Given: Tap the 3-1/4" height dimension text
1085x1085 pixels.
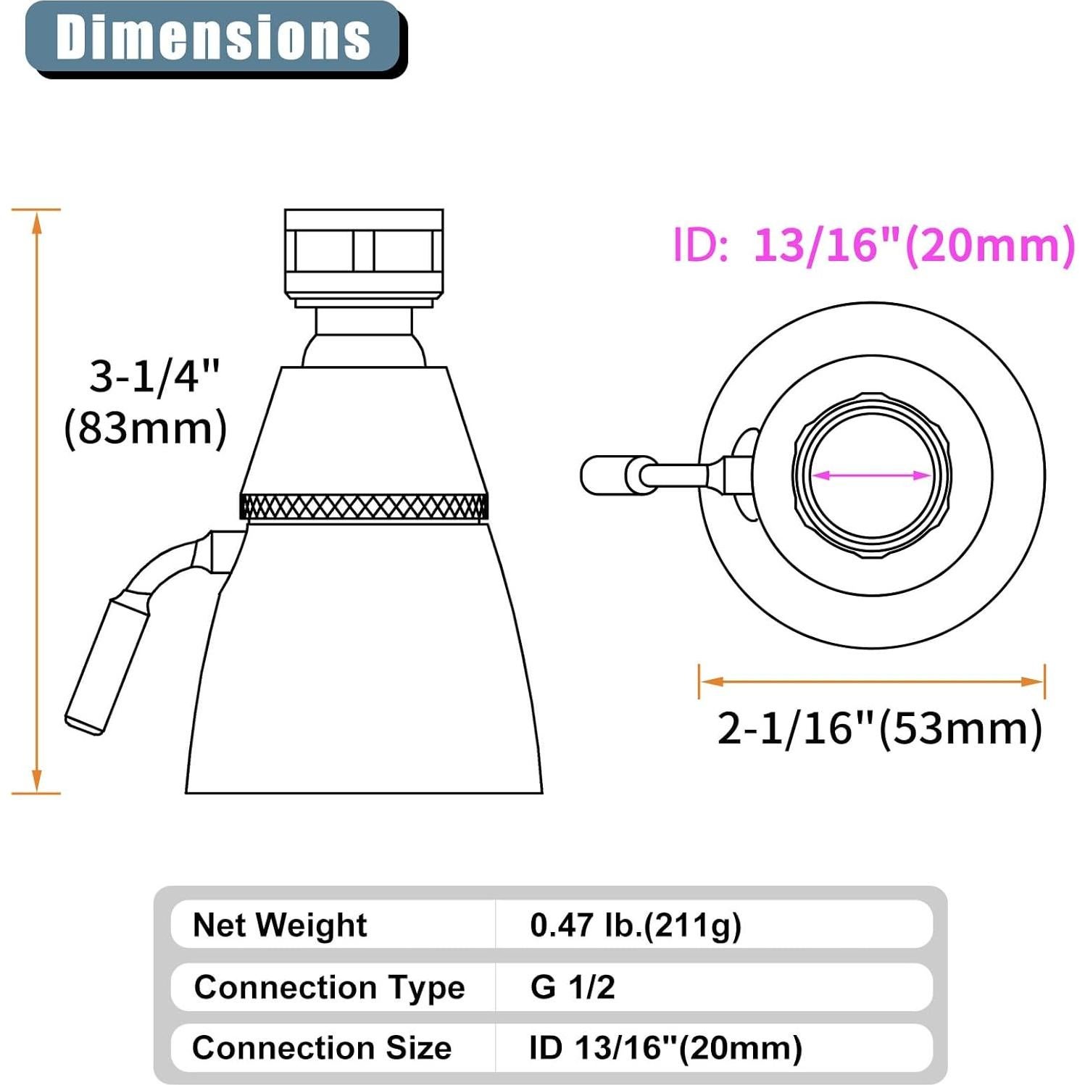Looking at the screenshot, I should coord(154,376).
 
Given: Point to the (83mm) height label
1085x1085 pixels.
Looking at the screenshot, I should coord(146,428).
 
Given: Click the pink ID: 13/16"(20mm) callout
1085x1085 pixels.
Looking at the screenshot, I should coord(873,245).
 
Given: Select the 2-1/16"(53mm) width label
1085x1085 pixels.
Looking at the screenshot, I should coord(879,728).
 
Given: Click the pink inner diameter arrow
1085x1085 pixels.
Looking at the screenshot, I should coord(871,475).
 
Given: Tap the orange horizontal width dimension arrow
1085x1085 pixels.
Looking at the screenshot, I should coord(871,681).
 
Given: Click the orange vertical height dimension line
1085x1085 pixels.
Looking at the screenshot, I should coord(37,500).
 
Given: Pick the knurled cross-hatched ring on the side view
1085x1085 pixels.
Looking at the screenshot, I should coord(363,506).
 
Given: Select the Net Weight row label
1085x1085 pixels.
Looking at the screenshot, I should coord(280,925).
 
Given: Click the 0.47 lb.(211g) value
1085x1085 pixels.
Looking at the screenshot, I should coord(636,925).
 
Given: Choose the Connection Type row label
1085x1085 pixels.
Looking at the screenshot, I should coord(329,987).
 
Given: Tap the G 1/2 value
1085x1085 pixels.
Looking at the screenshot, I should coord(573,987).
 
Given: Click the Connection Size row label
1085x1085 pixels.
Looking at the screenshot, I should coord(322,1048).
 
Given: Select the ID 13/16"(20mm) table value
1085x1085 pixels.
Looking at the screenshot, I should coord(665,1048).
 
